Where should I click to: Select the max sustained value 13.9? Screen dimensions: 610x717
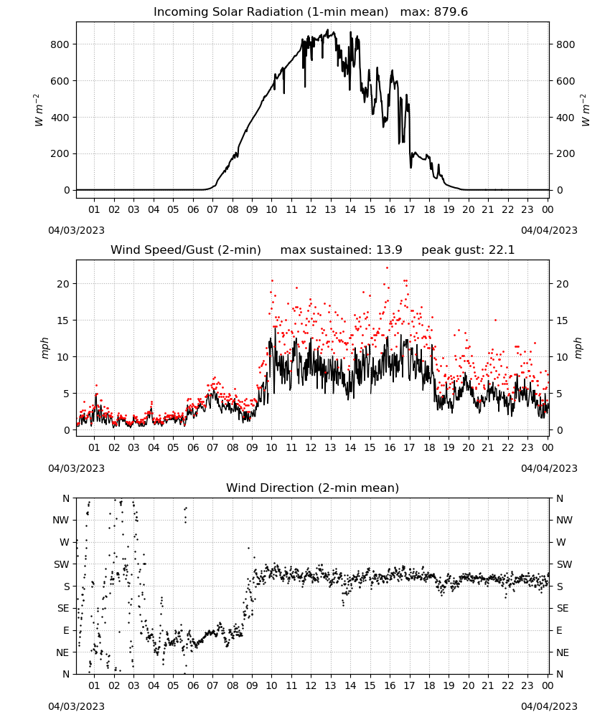(389, 250)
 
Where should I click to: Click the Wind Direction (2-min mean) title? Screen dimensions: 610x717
(313, 488)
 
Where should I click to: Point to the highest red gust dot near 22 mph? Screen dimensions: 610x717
(387, 267)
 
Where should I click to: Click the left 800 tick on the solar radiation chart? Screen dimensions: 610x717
(60, 44)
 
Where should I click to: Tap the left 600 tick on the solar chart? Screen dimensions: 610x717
(60, 81)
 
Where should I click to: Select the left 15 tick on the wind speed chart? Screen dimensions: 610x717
(63, 320)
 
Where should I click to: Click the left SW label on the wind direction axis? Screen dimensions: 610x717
(61, 564)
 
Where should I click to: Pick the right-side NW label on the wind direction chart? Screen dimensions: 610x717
(564, 520)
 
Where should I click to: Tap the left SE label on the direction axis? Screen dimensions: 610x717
(63, 608)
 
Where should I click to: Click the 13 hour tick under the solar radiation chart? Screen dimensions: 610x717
(330, 209)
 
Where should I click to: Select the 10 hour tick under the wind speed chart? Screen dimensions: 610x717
(271, 447)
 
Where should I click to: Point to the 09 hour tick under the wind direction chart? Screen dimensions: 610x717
(252, 685)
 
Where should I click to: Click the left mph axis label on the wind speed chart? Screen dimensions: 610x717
(44, 348)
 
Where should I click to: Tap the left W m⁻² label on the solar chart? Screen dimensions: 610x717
(38, 110)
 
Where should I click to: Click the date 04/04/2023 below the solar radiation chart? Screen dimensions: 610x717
(549, 230)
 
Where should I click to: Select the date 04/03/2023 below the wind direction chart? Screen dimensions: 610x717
(76, 706)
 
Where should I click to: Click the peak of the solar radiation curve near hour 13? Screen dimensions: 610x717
(328, 29)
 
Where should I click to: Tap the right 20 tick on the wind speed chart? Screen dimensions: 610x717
(563, 284)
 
